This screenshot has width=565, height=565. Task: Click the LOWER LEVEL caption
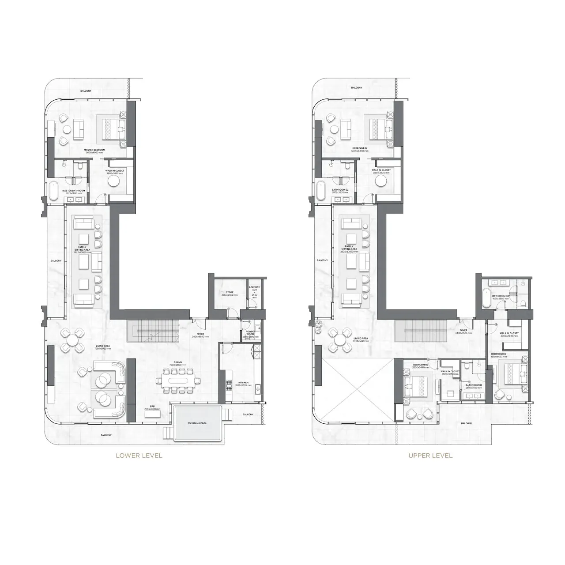[139, 456]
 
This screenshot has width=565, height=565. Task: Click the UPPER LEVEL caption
[430, 456]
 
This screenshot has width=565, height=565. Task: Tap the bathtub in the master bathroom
[53, 191]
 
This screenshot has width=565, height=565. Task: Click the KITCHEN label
[243, 383]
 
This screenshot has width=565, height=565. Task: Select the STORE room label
[229, 292]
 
